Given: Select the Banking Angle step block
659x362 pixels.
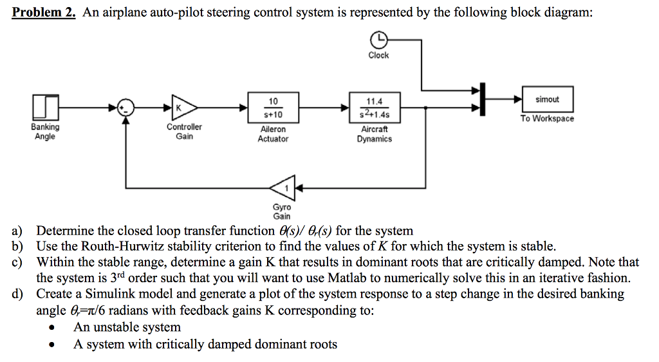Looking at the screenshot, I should click(44, 107).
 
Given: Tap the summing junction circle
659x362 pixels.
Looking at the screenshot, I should click(126, 107).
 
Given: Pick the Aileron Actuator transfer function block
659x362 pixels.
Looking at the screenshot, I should click(273, 108).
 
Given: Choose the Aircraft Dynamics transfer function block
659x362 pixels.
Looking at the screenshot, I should click(374, 108).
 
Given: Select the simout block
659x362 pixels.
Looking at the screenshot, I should click(547, 99).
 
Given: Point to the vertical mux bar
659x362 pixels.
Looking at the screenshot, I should click(481, 99).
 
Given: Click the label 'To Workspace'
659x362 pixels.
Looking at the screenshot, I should click(547, 119).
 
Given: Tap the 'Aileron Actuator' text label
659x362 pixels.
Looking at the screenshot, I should click(273, 134).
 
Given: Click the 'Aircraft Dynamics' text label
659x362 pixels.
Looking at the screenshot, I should click(374, 134).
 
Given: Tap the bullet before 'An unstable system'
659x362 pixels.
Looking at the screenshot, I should click(52, 328).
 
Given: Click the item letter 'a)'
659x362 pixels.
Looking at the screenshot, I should click(16, 231).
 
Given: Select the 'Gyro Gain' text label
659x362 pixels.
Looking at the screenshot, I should click(282, 212).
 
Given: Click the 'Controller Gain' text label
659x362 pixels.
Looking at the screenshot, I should click(184, 131).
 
